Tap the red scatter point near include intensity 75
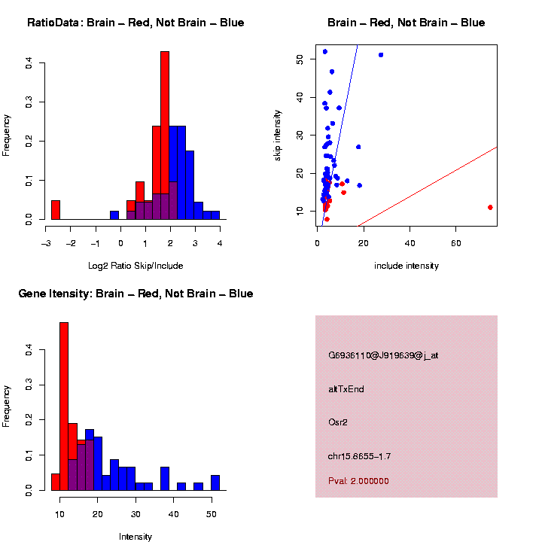click(x=490, y=207)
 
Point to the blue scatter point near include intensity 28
click(x=381, y=55)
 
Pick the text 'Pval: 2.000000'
click(x=358, y=481)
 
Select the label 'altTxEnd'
click(x=346, y=389)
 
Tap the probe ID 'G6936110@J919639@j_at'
click(x=382, y=355)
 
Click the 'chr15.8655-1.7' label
click(x=359, y=456)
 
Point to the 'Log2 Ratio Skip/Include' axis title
click(x=135, y=266)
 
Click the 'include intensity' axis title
click(x=406, y=266)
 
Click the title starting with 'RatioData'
click(x=135, y=23)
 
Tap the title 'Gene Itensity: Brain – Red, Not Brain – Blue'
click(x=135, y=294)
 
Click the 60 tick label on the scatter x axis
click(x=456, y=243)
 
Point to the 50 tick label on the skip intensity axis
click(x=300, y=58)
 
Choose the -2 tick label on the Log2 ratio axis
click(x=71, y=243)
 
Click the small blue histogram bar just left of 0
click(x=114, y=215)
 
